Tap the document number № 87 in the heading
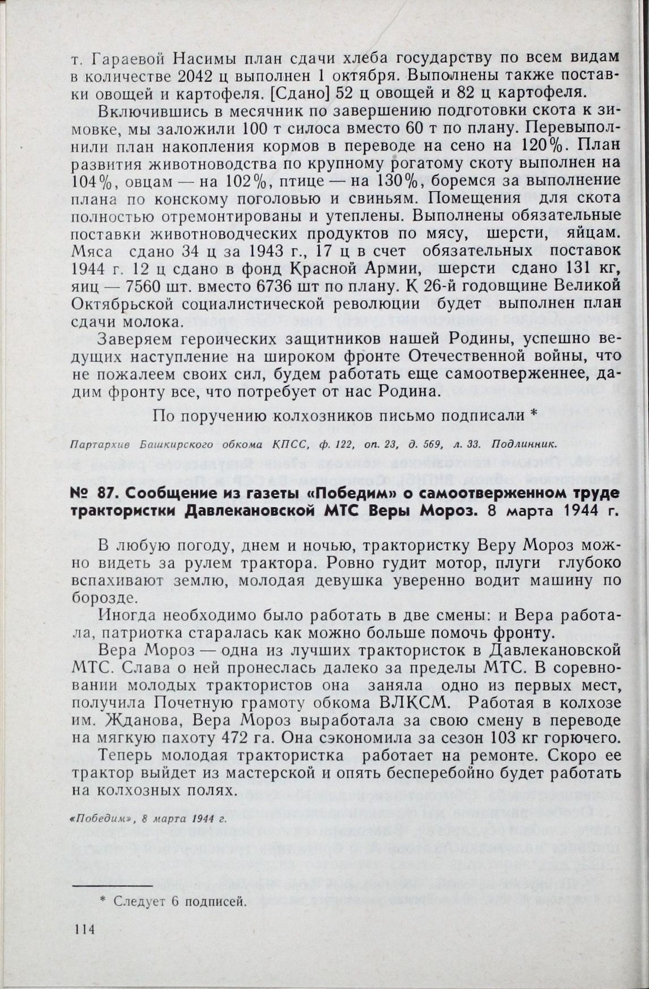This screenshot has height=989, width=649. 90,494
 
